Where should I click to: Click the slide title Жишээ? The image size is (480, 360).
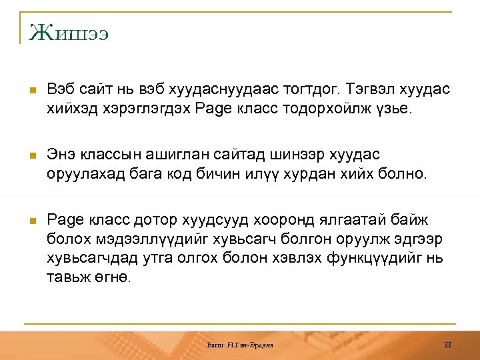pyautogui.click(x=69, y=32)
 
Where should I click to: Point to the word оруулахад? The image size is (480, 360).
pyautogui.click(x=85, y=174)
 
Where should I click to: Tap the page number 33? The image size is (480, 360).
pyautogui.click(x=447, y=345)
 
